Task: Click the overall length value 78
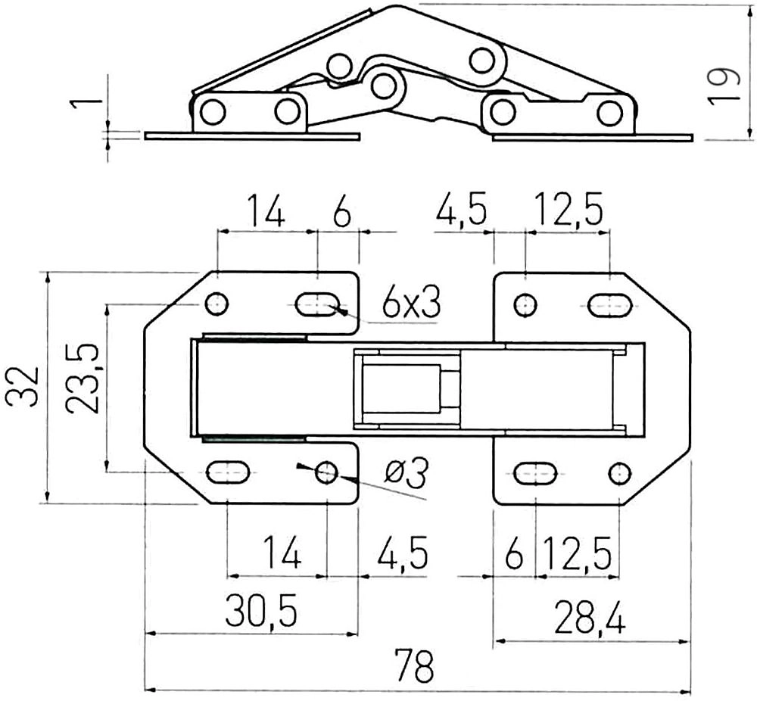(x=414, y=665)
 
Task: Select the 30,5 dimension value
(x=261, y=610)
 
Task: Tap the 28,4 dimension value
(x=590, y=616)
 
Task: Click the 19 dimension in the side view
(x=724, y=87)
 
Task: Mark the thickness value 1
(x=86, y=104)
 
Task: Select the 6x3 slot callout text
(x=411, y=303)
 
